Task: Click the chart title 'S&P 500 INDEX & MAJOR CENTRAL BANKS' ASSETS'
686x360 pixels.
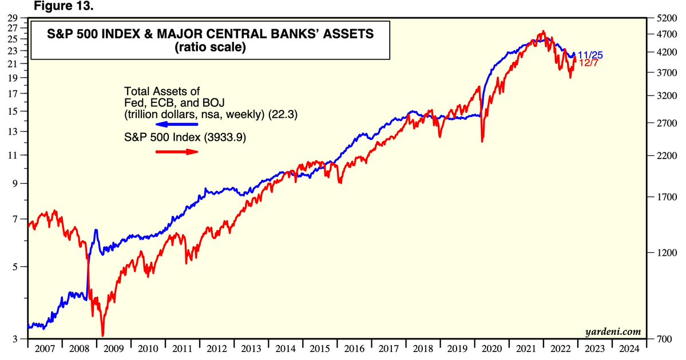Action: (x=203, y=34)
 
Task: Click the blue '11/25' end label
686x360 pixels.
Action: (x=590, y=56)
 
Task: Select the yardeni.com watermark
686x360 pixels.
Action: (x=612, y=331)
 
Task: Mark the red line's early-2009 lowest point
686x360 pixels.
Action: (x=102, y=336)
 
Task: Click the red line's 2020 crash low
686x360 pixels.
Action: (x=483, y=141)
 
